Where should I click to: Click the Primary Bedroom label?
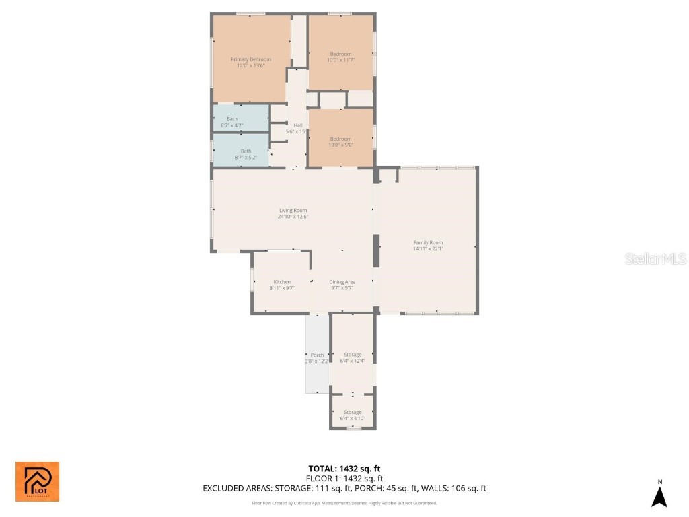250,59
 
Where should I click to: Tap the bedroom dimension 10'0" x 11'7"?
340,60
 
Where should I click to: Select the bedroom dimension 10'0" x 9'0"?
340,145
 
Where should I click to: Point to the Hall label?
297,125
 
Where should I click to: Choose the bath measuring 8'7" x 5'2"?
246,155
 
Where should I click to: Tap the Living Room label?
293,211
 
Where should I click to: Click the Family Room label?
428,242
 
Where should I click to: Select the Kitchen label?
282,281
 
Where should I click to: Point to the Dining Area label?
342,281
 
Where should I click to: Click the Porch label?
317,355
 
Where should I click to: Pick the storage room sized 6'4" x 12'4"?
353,357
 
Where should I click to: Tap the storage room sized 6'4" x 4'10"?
353,415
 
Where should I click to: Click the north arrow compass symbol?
659,494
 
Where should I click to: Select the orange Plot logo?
37,481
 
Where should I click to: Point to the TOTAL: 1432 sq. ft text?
344,469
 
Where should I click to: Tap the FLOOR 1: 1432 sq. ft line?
344,479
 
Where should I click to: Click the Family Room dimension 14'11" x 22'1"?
428,249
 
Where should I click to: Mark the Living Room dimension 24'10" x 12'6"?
293,217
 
